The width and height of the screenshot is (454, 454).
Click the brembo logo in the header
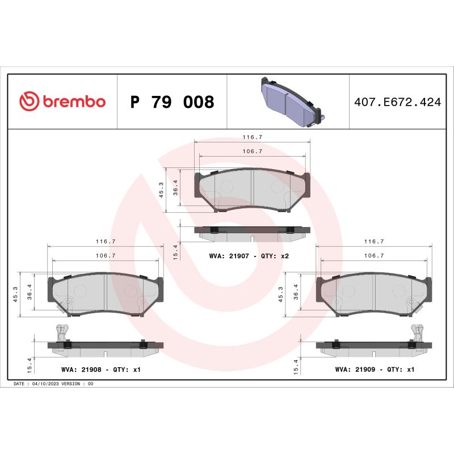62,102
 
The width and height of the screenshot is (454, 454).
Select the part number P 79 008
172,102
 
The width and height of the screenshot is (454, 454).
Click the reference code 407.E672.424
397,103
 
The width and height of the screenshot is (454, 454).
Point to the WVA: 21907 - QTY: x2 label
249,257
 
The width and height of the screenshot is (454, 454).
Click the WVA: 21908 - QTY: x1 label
100,369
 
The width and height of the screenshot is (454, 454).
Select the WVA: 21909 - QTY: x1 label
375,369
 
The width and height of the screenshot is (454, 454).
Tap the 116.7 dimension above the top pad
252,137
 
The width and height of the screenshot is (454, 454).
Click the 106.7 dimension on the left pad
106,256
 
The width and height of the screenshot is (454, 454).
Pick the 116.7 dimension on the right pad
373,241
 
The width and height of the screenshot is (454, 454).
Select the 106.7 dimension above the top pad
252,152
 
